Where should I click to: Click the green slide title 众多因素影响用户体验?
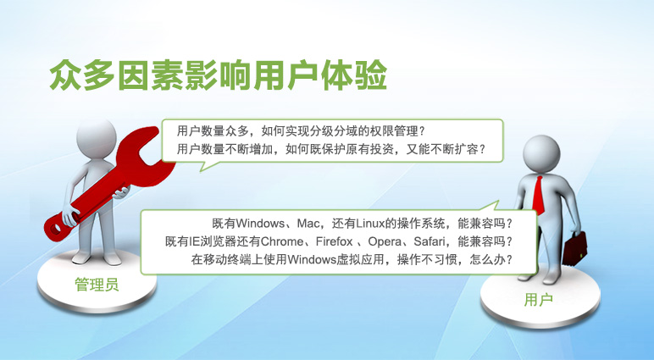coord(219,75)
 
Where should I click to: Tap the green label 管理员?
coord(97,285)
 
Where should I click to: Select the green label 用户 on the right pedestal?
coord(538,299)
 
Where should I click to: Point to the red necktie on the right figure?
coord(539,195)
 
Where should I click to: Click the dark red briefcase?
coord(574,249)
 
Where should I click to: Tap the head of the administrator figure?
coord(97,138)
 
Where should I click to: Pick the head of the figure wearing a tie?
coord(541,153)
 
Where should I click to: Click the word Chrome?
coord(282,241)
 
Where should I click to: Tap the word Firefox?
coord(334,241)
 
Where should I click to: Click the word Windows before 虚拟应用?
coord(312,259)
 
